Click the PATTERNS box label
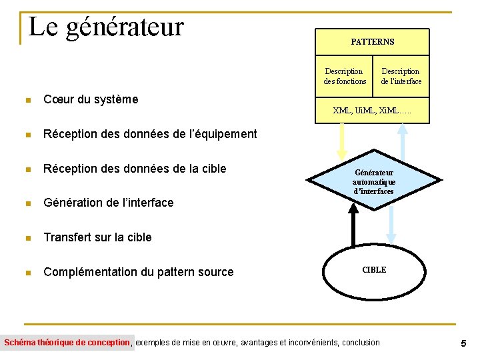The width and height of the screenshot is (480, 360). [x=372, y=42]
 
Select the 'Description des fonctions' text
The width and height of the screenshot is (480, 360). [x=344, y=76]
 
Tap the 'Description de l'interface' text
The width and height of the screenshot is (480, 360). [x=401, y=76]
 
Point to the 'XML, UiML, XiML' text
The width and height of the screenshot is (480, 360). [x=372, y=110]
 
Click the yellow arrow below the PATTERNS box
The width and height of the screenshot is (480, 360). [x=342, y=141]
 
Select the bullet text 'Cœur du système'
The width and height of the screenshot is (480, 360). [x=91, y=99]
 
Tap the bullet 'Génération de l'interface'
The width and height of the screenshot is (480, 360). [x=108, y=203]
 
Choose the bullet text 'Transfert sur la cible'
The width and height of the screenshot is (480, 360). [x=97, y=237]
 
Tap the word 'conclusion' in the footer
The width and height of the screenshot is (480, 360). [x=361, y=343]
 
